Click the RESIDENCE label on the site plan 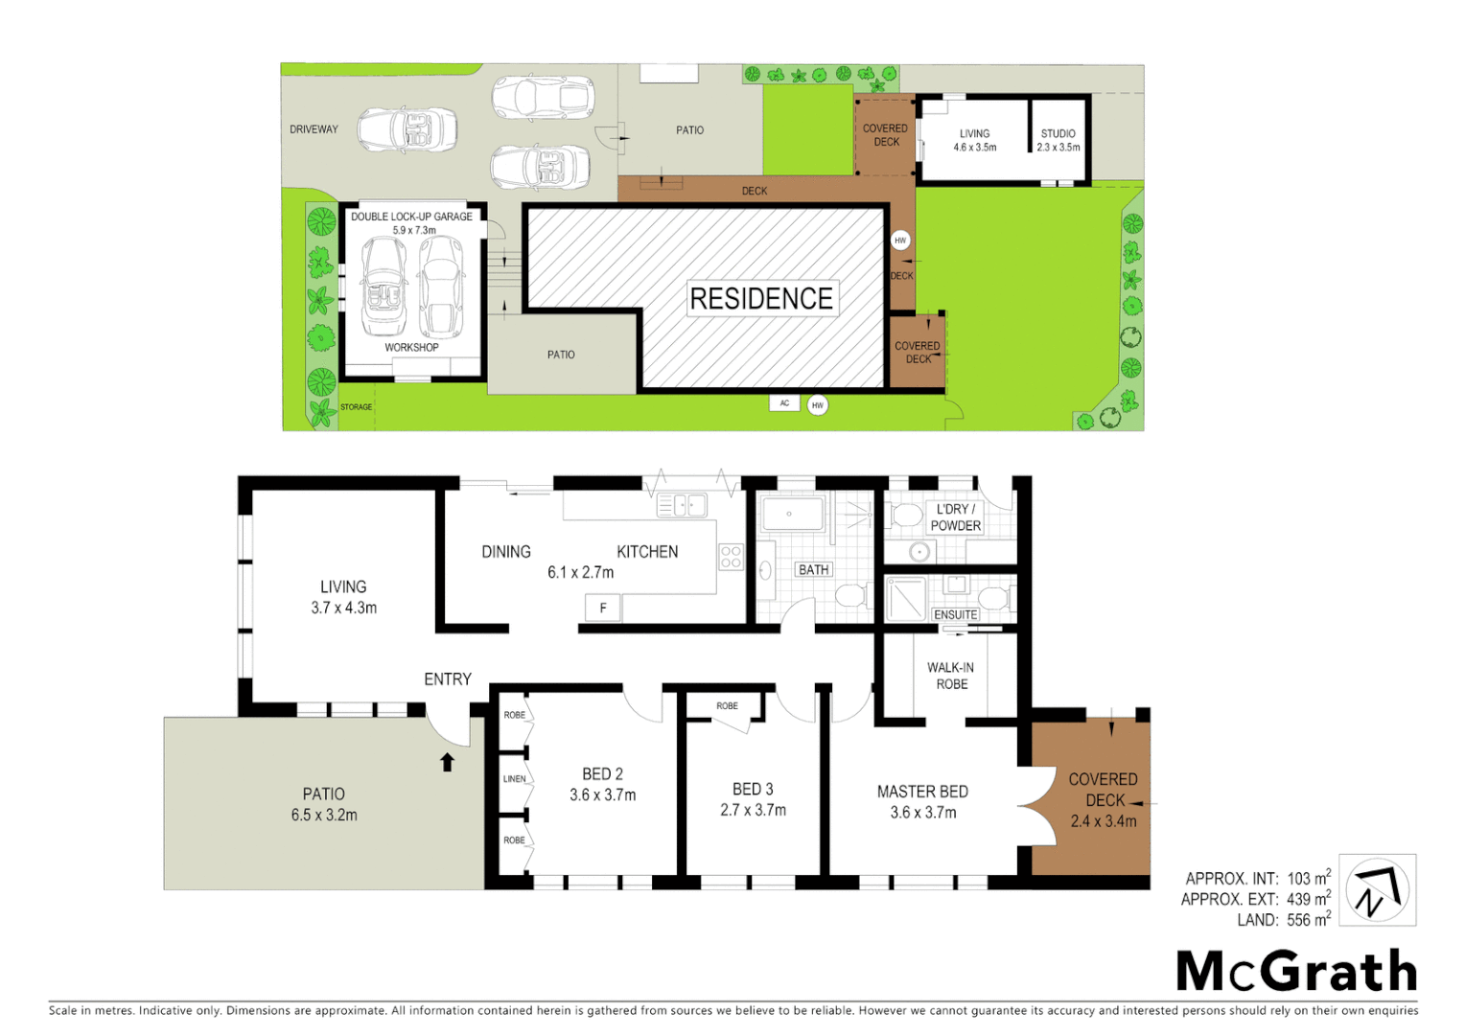point(761,299)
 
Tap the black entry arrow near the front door point(447,763)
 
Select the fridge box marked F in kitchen point(603,608)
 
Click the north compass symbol point(1377,890)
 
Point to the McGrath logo point(1296,972)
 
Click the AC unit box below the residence point(784,403)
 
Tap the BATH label point(813,570)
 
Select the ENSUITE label point(955,615)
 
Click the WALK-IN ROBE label point(951,676)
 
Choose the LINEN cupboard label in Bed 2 point(515,779)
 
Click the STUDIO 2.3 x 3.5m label point(1058,141)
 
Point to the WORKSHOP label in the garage point(411,348)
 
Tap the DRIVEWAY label point(314,129)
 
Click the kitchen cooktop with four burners point(731,557)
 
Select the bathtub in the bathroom point(791,515)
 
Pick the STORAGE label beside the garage point(356,407)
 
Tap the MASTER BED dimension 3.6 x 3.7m point(922,813)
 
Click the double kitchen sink point(682,505)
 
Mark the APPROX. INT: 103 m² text point(1257,879)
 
